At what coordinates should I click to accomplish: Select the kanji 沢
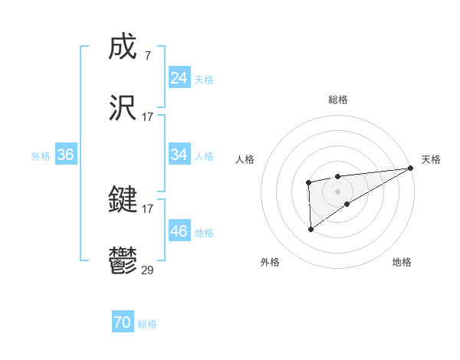click(x=123, y=107)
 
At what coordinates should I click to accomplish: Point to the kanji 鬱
click(x=123, y=260)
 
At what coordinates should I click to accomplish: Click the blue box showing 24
click(x=179, y=78)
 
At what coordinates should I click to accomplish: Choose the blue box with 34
click(x=179, y=155)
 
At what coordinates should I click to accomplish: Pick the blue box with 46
click(x=179, y=231)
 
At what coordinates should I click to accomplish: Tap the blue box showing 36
click(x=65, y=155)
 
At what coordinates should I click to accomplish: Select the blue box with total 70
click(x=122, y=323)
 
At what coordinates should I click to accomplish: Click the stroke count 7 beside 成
click(x=147, y=57)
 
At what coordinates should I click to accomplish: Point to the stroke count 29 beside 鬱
click(x=148, y=270)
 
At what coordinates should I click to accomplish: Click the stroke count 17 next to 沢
click(x=148, y=116)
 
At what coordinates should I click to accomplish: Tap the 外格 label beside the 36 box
click(x=41, y=156)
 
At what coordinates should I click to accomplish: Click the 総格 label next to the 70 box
click(x=147, y=324)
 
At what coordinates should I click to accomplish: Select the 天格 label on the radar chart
click(x=431, y=159)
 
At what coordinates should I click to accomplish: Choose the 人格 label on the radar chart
click(x=245, y=159)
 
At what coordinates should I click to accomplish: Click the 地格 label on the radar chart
click(x=402, y=263)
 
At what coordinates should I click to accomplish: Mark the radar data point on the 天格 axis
click(x=412, y=168)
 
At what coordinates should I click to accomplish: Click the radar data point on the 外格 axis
click(x=311, y=228)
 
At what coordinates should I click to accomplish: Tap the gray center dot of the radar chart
click(x=337, y=191)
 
